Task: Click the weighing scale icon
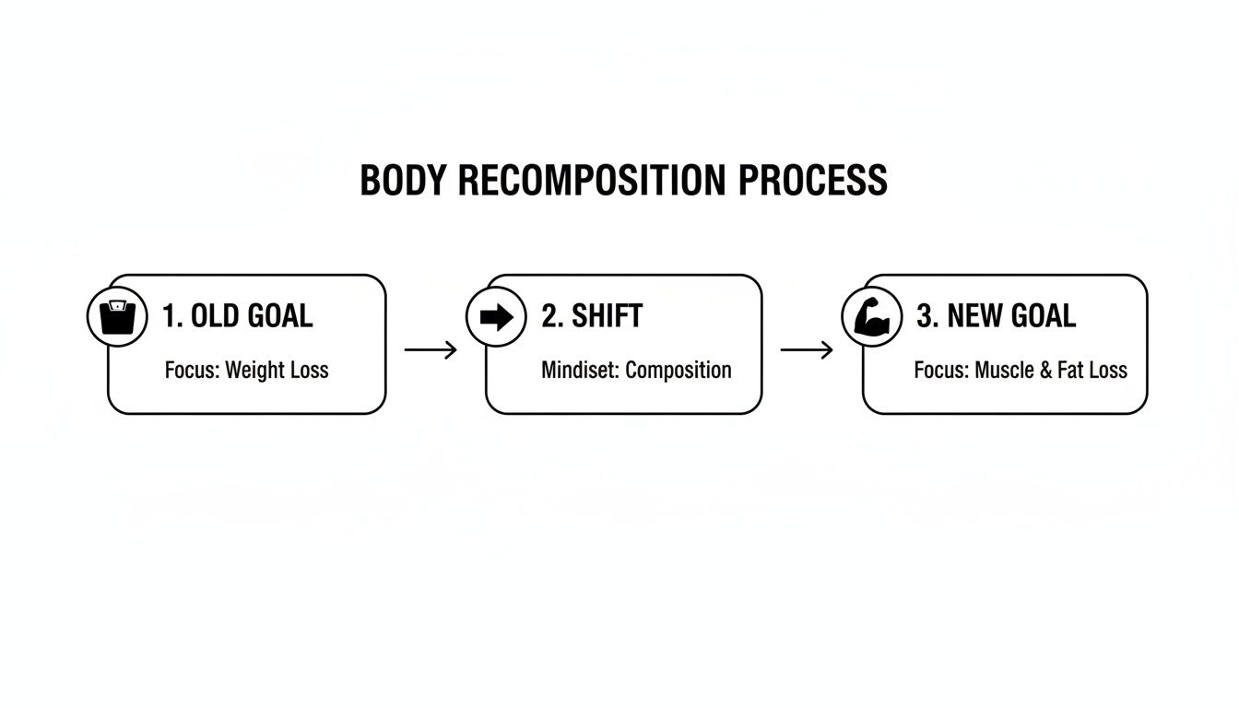(117, 316)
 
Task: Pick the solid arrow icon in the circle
(496, 317)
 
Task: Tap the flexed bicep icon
(872, 317)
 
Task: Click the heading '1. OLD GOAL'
(237, 316)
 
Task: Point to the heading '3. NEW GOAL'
(996, 316)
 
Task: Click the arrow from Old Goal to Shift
(431, 349)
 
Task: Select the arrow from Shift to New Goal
(807, 349)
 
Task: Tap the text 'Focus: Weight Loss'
(246, 371)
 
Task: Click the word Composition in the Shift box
(678, 371)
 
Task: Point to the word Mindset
(580, 371)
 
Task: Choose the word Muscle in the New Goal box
(1007, 371)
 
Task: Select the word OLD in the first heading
(215, 316)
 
